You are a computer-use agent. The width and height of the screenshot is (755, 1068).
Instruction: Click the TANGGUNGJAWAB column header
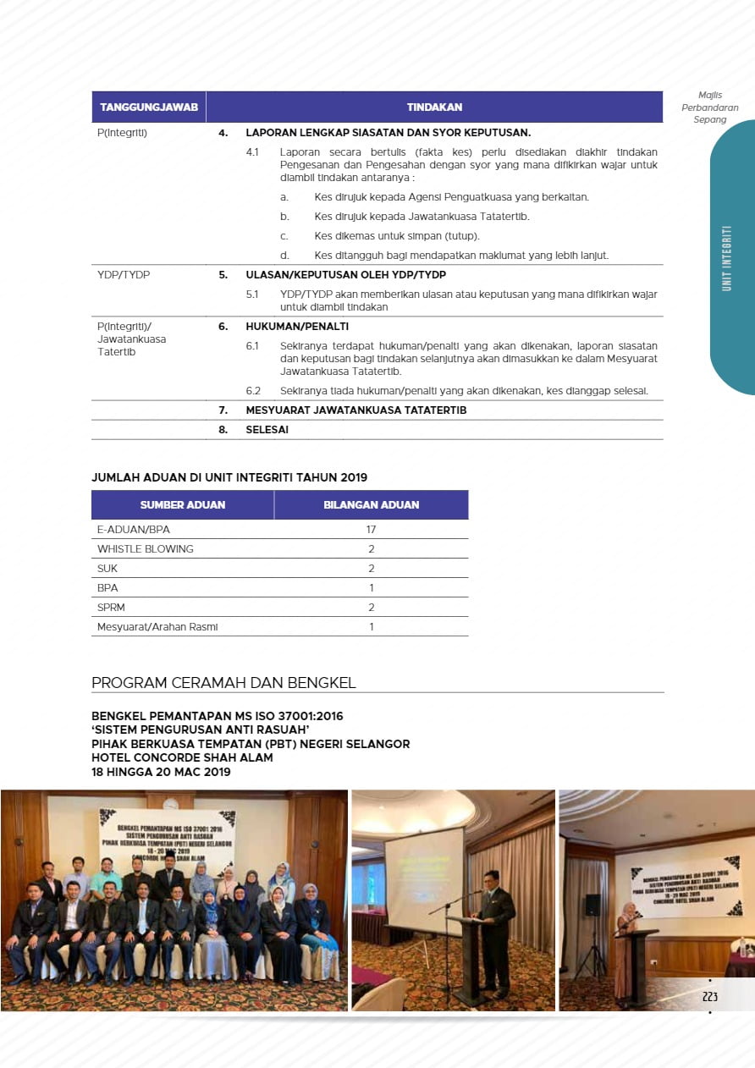[x=149, y=107]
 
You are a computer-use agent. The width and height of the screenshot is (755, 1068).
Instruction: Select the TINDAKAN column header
[x=434, y=107]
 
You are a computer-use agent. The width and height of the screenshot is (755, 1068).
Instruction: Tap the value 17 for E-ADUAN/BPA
[x=371, y=530]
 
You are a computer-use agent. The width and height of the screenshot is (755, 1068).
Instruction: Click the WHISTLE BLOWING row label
[x=146, y=549]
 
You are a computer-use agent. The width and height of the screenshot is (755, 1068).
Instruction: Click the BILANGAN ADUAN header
[x=371, y=505]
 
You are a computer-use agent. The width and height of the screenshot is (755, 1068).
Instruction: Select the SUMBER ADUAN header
[x=183, y=505]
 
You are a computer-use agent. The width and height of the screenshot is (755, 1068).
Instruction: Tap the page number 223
[x=710, y=997]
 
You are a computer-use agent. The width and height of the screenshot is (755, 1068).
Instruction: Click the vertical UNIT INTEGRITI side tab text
[x=726, y=258]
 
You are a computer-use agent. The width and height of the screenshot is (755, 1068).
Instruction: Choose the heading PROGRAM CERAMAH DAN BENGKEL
[x=223, y=683]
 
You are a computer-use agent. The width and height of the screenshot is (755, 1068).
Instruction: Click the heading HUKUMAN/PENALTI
[x=285, y=327]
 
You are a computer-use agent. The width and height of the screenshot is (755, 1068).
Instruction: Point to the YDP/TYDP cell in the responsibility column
[x=124, y=275]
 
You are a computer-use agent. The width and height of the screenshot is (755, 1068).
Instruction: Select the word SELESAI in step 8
[x=267, y=430]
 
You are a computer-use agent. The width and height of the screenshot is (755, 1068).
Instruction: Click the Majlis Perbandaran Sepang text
[x=710, y=107]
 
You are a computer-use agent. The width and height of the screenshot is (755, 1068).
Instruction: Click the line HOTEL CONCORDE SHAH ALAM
[x=182, y=757]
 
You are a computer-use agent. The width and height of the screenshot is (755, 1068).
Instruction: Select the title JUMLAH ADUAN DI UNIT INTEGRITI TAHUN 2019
[x=229, y=478]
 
